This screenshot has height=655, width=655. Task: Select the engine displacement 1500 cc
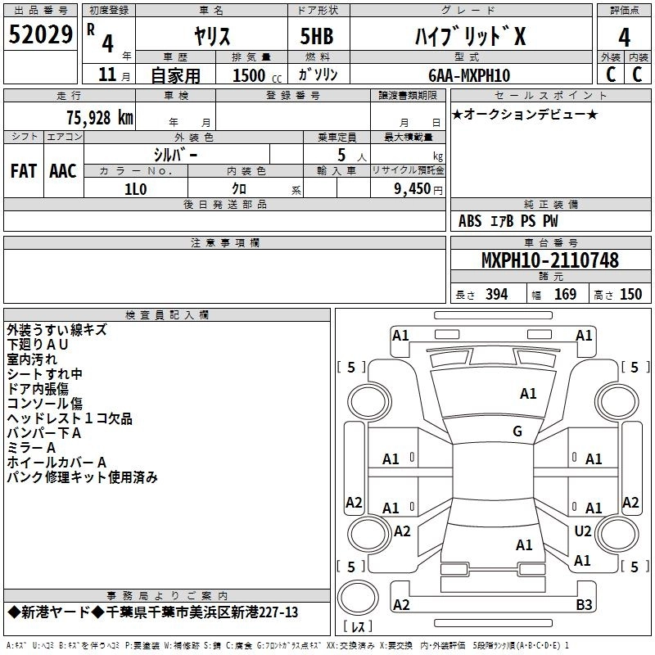(x=251, y=75)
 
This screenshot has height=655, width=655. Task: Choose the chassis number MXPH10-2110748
(x=549, y=260)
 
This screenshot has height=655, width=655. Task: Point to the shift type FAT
(x=23, y=170)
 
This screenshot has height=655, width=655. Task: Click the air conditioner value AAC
(x=63, y=170)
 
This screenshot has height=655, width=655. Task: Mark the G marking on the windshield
(x=517, y=431)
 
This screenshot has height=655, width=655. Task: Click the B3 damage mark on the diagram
(x=584, y=604)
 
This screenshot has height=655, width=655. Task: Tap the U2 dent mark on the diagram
(x=583, y=531)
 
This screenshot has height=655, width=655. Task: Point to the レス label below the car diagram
(x=358, y=627)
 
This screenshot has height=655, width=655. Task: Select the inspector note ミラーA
(x=31, y=448)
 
